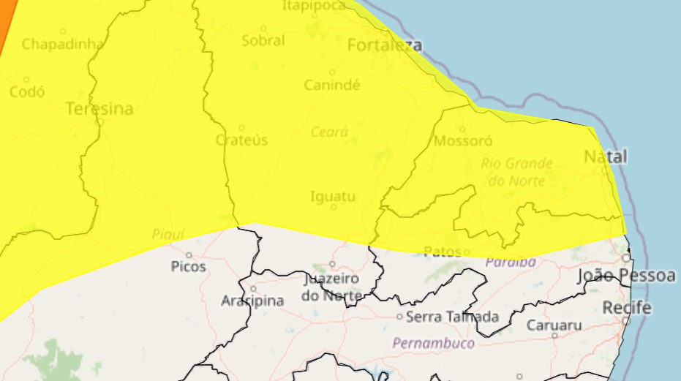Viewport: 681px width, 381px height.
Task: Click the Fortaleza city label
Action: pyautogui.click(x=384, y=45)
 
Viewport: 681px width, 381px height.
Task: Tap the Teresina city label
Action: pyautogui.click(x=99, y=110)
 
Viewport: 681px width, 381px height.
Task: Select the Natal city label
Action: pyautogui.click(x=606, y=156)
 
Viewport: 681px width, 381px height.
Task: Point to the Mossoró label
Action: pyautogui.click(x=463, y=140)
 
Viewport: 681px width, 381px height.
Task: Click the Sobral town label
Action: pyautogui.click(x=263, y=41)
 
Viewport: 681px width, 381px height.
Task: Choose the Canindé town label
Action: pyautogui.click(x=332, y=85)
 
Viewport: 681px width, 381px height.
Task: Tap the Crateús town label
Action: pyautogui.click(x=241, y=140)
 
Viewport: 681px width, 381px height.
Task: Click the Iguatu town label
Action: pyautogui.click(x=333, y=196)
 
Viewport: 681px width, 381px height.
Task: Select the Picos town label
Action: pyautogui.click(x=189, y=266)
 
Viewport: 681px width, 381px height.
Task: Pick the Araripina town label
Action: pyautogui.click(x=252, y=301)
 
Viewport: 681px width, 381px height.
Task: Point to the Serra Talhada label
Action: pyautogui.click(x=452, y=317)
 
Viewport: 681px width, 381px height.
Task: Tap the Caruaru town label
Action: pyautogui.click(x=554, y=325)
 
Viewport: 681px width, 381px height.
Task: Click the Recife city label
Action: pyautogui.click(x=626, y=308)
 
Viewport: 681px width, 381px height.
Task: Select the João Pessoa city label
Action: pyautogui.click(x=626, y=276)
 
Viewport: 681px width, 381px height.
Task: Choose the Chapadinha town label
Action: pyautogui.click(x=62, y=44)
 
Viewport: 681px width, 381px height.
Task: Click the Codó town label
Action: pyautogui.click(x=27, y=92)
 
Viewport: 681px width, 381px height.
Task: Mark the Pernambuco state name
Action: pyautogui.click(x=433, y=342)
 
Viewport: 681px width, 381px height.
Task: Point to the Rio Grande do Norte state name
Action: pyautogui.click(x=516, y=172)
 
